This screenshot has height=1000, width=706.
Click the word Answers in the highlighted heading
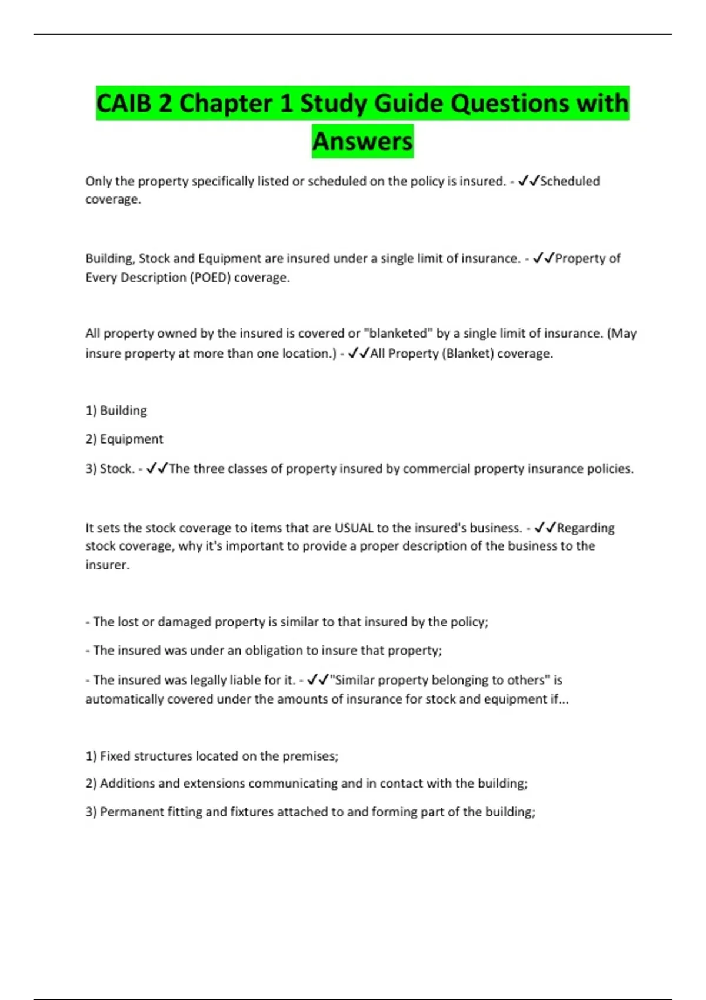pos(362,141)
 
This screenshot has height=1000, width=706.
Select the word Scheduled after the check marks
pos(570,181)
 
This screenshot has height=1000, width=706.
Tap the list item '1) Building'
pos(116,410)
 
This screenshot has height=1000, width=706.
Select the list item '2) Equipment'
pos(124,439)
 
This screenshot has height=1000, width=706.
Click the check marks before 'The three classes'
pos(157,468)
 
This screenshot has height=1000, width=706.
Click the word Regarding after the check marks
pos(585,528)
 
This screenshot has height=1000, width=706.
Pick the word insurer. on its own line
pos(107,565)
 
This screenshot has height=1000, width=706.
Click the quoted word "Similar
pos(352,680)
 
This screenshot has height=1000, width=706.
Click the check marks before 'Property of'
pos(544,258)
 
